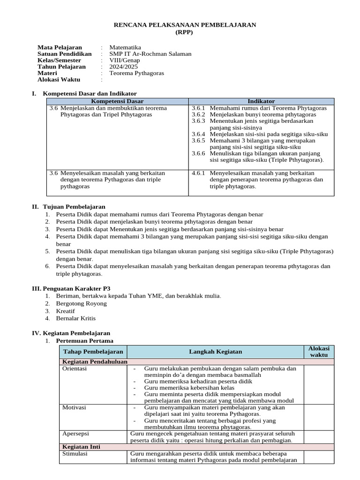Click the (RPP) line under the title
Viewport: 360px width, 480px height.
pyautogui.click(x=184, y=32)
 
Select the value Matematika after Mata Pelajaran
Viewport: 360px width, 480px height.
pyautogui.click(x=125, y=47)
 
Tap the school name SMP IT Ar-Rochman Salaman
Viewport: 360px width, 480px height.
pyautogui.click(x=150, y=54)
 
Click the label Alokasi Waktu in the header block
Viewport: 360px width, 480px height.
pyautogui.click(x=59, y=80)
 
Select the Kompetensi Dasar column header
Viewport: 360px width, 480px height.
pyautogui.click(x=117, y=101)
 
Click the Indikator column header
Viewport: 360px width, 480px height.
pyautogui.click(x=261, y=101)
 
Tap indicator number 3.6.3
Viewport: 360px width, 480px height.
pyautogui.click(x=199, y=121)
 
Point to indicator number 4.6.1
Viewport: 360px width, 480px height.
pyautogui.click(x=199, y=173)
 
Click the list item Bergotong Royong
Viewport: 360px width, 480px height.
pyautogui.click(x=81, y=303)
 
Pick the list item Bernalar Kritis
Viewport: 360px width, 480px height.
pyautogui.click(x=75, y=318)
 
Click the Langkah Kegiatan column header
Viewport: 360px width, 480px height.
pyautogui.click(x=215, y=352)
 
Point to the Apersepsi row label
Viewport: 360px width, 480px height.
pyautogui.click(x=76, y=434)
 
